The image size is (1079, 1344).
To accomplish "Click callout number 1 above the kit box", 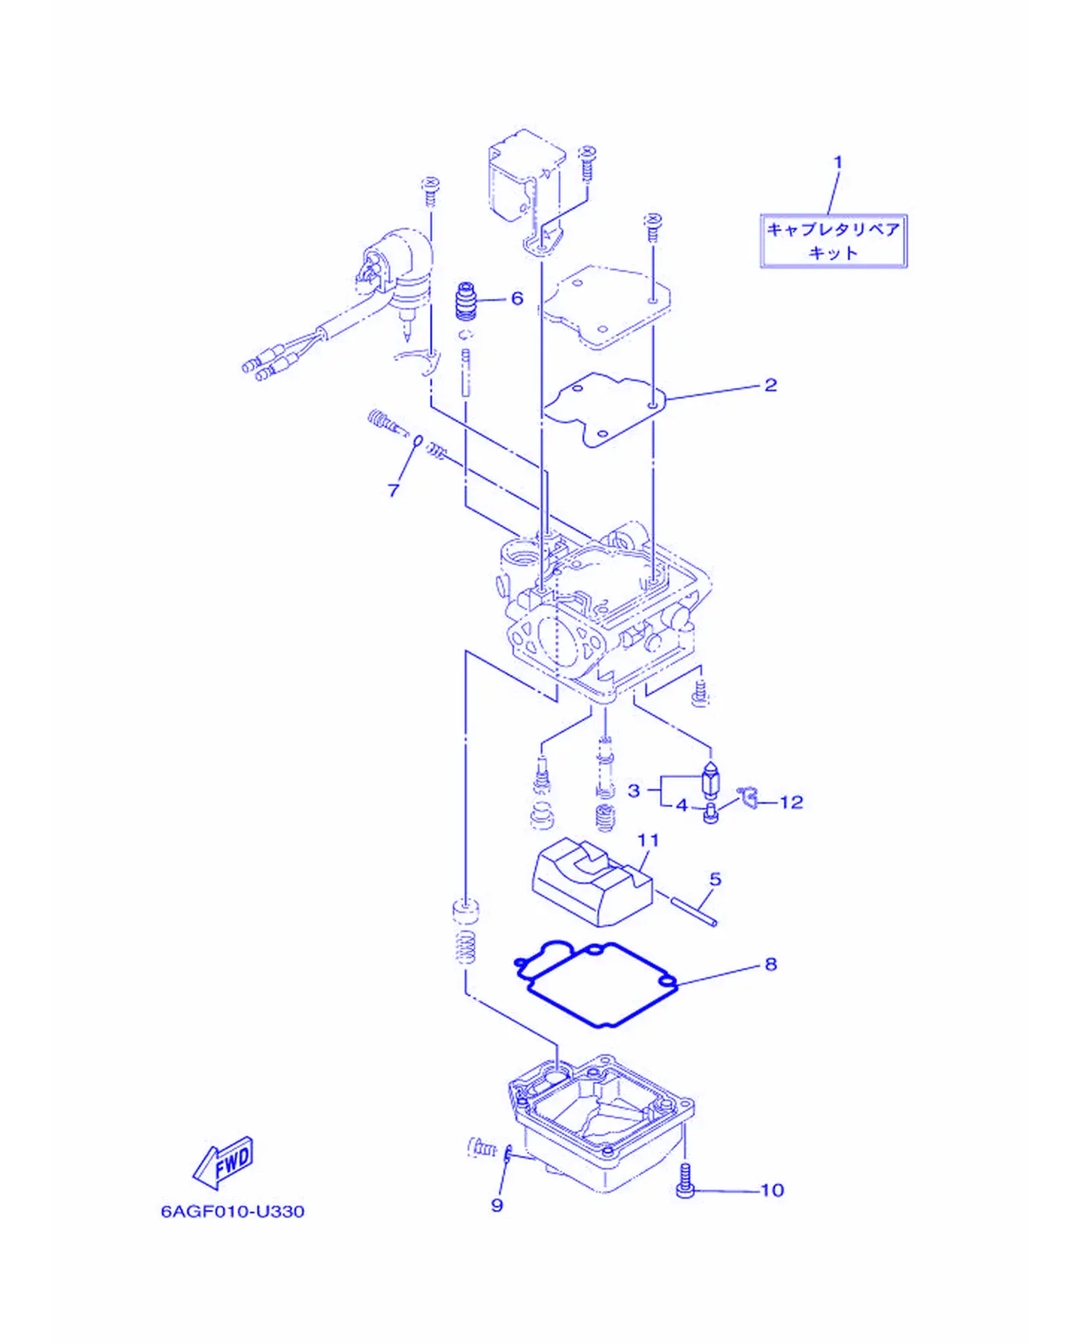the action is coord(838,163).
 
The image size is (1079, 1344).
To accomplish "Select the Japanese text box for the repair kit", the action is coord(833,241).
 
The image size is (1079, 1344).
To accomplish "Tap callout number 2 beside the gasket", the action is coord(770,385).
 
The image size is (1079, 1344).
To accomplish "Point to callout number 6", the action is coord(517,298).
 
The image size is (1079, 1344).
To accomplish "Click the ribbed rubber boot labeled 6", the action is coord(467,300).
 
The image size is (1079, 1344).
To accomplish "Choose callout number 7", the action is coord(394,490).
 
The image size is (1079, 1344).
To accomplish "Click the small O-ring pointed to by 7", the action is coord(417,441).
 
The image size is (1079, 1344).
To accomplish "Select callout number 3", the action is coord(634,790).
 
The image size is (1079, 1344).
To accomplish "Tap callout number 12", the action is coord(791,802).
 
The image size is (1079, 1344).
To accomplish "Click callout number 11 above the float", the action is coord(648,839).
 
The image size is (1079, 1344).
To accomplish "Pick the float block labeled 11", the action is coord(591,881).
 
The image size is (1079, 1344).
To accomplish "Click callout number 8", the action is coord(770,964).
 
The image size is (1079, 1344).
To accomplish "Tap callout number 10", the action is coord(772,1190).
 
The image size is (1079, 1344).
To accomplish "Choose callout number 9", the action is coord(497,1205).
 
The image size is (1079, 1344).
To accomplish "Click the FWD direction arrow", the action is coord(224,1163).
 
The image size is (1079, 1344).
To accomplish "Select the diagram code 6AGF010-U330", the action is coord(232,1211).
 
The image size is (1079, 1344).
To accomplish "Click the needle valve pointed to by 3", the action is coord(712,781).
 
